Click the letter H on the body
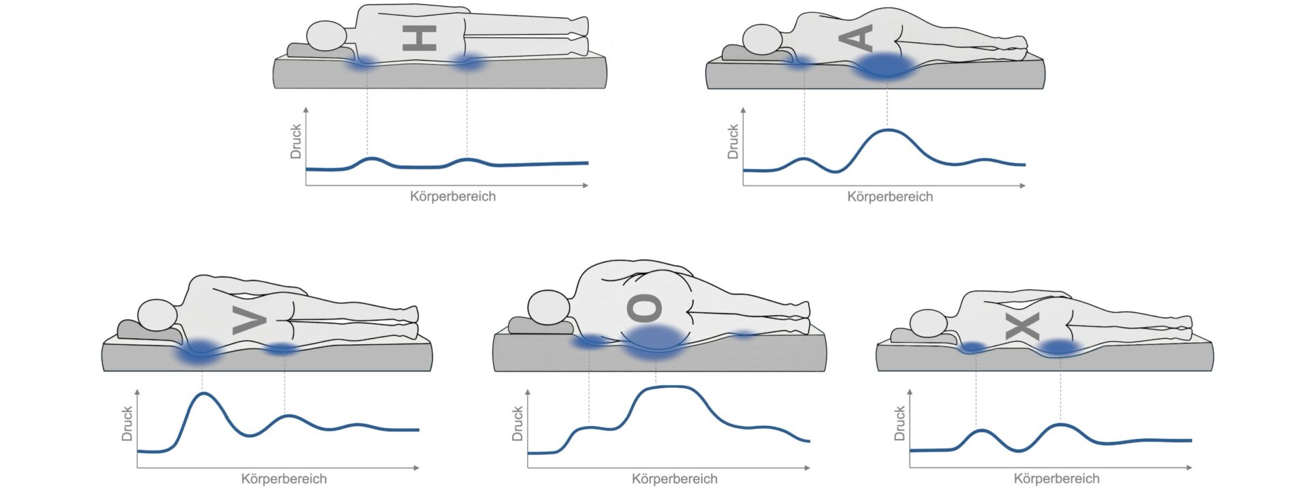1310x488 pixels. (419, 38)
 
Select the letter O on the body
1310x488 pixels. (644, 308)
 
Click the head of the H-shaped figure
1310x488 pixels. (327, 36)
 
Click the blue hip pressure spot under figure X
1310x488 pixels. (1060, 348)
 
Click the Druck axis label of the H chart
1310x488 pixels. (295, 141)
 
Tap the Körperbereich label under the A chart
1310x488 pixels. (890, 197)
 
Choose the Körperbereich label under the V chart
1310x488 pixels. (284, 479)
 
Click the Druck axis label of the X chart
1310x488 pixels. (899, 423)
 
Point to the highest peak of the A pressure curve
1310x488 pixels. (886, 129)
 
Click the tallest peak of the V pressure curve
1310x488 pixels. (203, 393)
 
